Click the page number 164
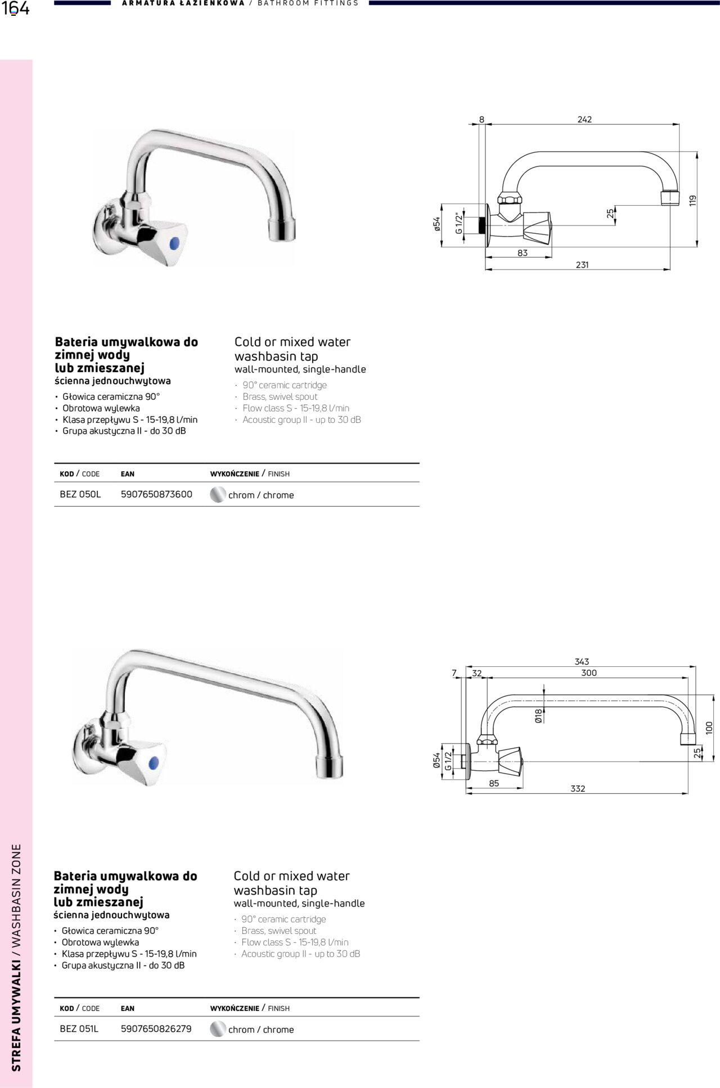15,9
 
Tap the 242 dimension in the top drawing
584,119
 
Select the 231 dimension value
582,265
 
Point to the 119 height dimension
692,200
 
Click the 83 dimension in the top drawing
523,253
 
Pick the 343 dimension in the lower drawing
582,662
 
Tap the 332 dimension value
578,788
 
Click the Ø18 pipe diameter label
538,716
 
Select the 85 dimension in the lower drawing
494,783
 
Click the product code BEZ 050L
80,494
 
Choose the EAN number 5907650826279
156,1028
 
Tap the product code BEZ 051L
79,1028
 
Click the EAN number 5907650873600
156,494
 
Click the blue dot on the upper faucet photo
174,243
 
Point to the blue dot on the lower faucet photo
153,763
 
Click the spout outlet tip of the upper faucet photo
281,230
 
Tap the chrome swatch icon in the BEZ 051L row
217,1029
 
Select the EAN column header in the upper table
128,474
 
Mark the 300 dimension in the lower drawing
589,673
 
